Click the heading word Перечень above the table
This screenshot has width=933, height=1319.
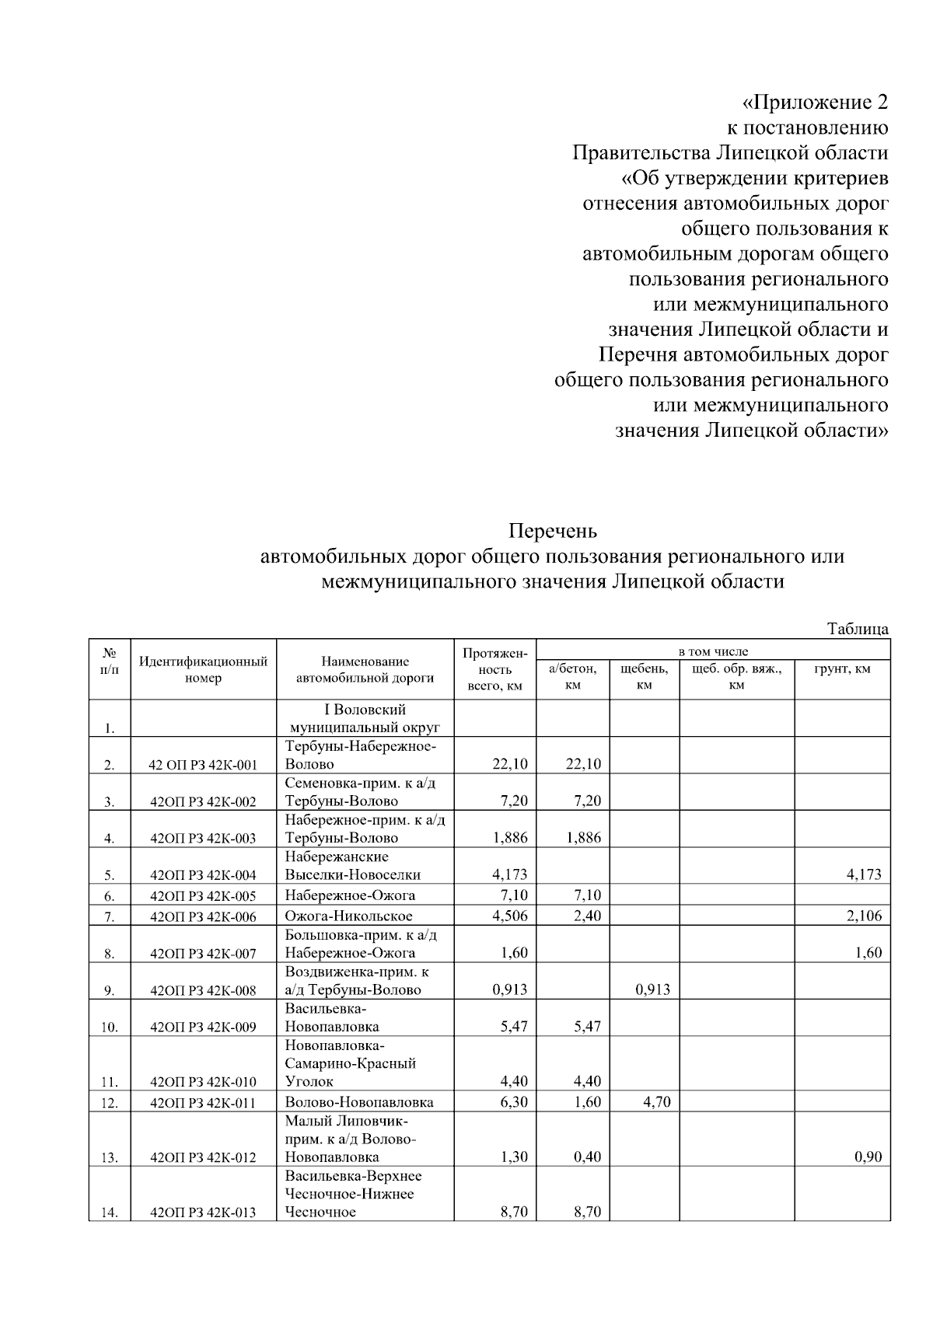pos(553,532)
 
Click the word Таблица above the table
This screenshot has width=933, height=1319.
pos(858,629)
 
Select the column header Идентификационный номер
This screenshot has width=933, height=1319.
pos(203,670)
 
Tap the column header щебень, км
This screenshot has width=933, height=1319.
pos(644,676)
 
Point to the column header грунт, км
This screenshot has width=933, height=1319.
pos(842,668)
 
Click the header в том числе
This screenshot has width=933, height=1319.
pos(713,651)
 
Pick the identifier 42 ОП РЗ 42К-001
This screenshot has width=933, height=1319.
pos(203,765)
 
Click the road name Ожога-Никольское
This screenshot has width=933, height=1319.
pos(348,916)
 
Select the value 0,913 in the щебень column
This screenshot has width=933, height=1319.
pos(652,989)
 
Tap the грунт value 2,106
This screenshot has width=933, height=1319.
pos(864,916)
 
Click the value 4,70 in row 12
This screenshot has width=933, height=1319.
pos(657,1102)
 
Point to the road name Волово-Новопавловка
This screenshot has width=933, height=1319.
pos(359,1102)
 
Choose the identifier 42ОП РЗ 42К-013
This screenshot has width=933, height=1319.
pos(203,1213)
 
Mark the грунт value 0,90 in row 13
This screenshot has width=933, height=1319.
pos(868,1157)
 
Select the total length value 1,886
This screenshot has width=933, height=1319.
pos(510,838)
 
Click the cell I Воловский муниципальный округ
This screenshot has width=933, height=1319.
pos(365,719)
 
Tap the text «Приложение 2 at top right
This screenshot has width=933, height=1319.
pos(814,103)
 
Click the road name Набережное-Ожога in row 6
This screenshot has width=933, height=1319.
pos(350,895)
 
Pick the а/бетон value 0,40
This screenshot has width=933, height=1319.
pos(587,1157)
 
